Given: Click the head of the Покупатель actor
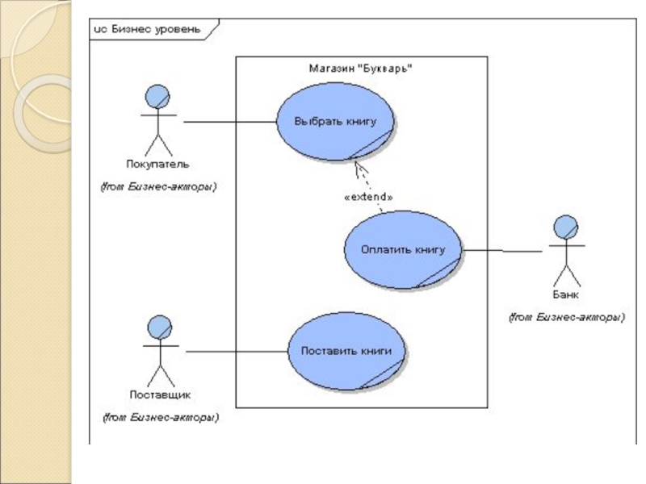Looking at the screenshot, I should (157, 98).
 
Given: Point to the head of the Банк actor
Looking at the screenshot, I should (566, 226).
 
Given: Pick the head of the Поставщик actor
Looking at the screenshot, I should (159, 327).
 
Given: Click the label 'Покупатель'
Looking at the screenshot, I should (157, 165).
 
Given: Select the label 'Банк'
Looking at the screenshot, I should (565, 294).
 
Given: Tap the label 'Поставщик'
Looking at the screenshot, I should (160, 395).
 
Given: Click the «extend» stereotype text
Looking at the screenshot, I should (368, 196).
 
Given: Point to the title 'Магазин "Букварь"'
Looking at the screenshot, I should (361, 69).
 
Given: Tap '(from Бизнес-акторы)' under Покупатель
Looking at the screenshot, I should (158, 187).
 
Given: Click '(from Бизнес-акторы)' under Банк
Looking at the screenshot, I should (566, 318).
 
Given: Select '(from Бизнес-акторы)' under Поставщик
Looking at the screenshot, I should (160, 418).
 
